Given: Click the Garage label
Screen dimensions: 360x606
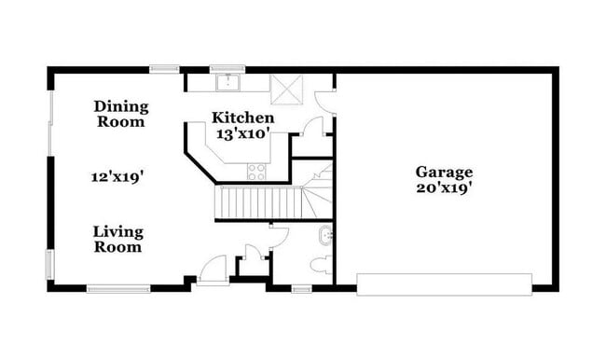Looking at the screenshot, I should (x=444, y=172).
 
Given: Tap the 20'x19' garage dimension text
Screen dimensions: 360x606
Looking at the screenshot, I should (x=444, y=187).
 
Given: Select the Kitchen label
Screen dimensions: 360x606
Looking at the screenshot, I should (x=242, y=118).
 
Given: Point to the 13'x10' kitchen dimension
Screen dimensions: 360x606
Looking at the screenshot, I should (x=242, y=133).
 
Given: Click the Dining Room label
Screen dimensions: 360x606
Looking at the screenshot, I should (x=120, y=114).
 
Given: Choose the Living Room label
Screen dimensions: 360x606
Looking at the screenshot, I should (x=117, y=239).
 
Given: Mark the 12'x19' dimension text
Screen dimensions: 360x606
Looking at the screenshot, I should (x=117, y=175).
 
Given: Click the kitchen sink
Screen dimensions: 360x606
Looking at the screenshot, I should (x=227, y=83).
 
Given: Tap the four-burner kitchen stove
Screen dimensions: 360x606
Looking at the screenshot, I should (x=256, y=171).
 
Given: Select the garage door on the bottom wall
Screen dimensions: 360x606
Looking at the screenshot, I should (x=444, y=284).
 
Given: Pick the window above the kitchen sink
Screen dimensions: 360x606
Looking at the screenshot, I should (x=227, y=67).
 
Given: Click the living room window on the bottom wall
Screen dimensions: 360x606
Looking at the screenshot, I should (x=118, y=288).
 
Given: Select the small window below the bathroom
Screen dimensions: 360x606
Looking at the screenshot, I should (x=301, y=288).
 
